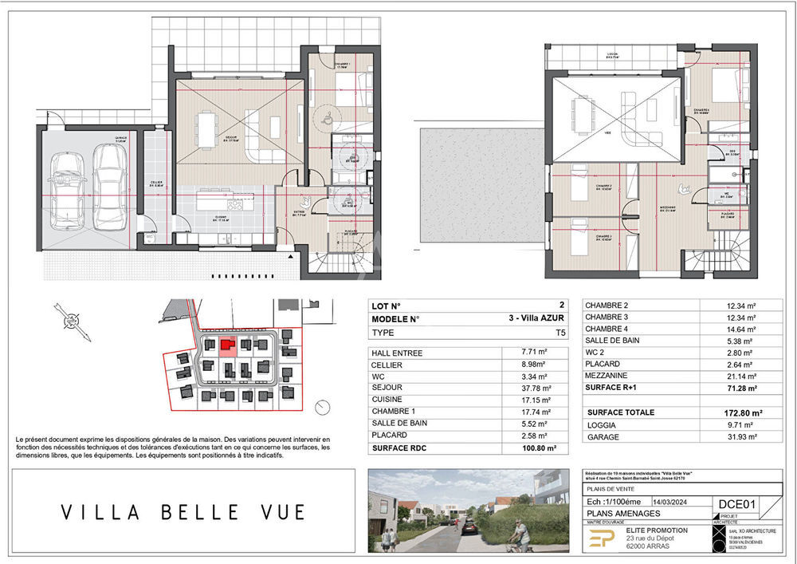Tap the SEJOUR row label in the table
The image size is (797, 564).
[x=386, y=386]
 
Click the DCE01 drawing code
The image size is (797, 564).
[x=737, y=503]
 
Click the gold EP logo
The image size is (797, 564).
[x=598, y=539]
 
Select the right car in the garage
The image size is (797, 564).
[x=108, y=184]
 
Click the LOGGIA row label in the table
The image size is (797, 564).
[x=603, y=425]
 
